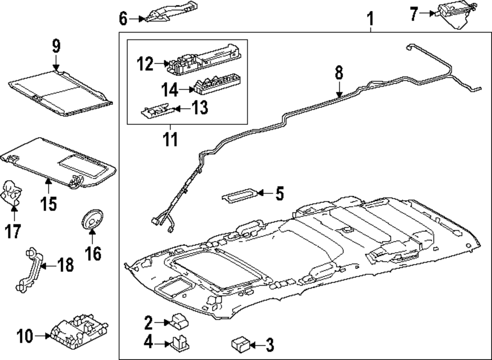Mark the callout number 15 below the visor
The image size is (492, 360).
(49, 203)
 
